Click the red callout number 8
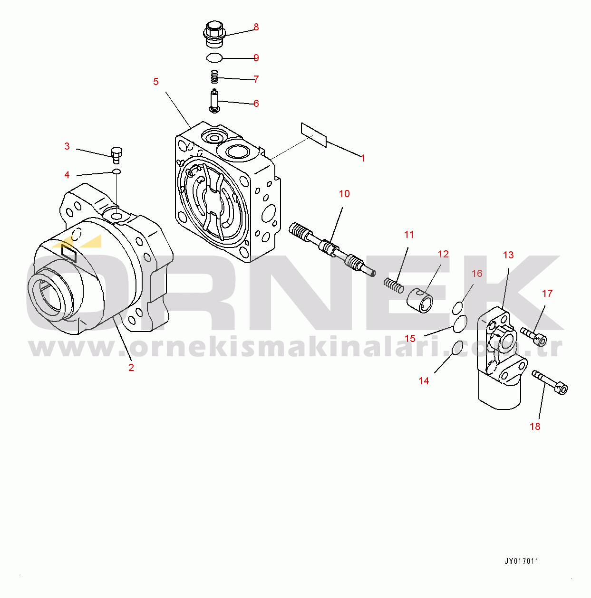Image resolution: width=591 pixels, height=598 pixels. pyautogui.click(x=256, y=27)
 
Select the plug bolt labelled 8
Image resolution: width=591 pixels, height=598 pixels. pyautogui.click(x=214, y=35)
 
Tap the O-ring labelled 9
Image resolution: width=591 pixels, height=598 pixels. pyautogui.click(x=214, y=57)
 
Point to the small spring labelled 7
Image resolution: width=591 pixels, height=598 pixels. pyautogui.click(x=214, y=76)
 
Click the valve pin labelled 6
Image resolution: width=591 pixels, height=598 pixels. pyautogui.click(x=214, y=101)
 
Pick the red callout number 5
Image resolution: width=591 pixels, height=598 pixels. pyautogui.click(x=155, y=82)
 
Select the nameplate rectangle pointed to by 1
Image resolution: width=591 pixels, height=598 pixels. pyautogui.click(x=313, y=135)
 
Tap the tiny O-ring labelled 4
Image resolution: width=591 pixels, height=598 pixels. pyautogui.click(x=116, y=171)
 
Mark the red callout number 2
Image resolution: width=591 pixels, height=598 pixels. pyautogui.click(x=131, y=368)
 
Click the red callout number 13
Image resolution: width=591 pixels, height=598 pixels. pyautogui.click(x=508, y=255)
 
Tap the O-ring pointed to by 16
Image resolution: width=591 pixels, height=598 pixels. pyautogui.click(x=457, y=307)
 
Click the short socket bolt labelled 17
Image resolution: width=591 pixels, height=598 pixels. pyautogui.click(x=533, y=336)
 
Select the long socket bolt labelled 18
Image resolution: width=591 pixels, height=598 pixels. pyautogui.click(x=550, y=382)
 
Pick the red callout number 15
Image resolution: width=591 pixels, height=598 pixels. pyautogui.click(x=410, y=339)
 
